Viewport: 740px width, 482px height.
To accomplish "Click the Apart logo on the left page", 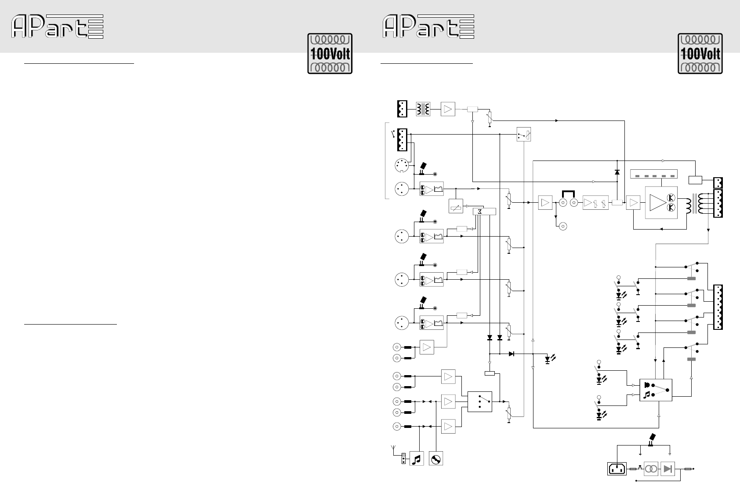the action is click(x=58, y=26).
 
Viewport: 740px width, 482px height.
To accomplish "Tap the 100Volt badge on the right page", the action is click(x=700, y=54).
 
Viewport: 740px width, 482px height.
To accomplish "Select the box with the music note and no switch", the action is click(x=417, y=459).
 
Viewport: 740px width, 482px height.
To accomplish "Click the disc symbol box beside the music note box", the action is click(x=436, y=459).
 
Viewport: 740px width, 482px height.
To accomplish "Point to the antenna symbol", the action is click(x=393, y=449).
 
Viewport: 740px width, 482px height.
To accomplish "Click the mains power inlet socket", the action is click(x=617, y=468).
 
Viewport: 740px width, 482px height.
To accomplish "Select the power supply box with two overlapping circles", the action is click(x=651, y=469).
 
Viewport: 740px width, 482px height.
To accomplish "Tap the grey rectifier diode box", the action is click(x=667, y=469).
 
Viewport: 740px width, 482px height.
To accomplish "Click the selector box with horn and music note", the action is click(x=656, y=390).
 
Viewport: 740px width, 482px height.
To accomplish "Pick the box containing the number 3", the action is click(x=484, y=212).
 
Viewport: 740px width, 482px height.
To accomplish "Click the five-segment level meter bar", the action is click(x=654, y=174).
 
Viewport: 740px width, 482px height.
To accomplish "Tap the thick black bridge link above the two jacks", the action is click(x=569, y=194).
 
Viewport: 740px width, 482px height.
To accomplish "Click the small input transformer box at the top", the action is click(x=423, y=109).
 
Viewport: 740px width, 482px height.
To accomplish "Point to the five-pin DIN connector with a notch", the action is click(x=402, y=165).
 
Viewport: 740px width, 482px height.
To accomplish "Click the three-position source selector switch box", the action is click(x=480, y=402).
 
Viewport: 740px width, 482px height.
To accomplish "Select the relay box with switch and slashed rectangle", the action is click(x=524, y=134).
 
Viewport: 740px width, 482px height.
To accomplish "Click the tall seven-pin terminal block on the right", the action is click(x=718, y=307).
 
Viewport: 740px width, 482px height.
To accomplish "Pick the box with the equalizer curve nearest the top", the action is click(x=432, y=189).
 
